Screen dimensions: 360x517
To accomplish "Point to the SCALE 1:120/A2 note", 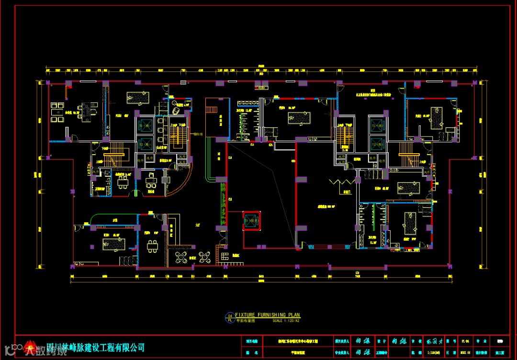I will tap(286, 320).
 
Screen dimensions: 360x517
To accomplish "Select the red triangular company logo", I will tap(31, 347).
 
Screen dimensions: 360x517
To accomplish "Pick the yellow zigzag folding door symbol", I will tap(340, 183).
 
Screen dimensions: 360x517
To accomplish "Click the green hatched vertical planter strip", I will tap(222, 206).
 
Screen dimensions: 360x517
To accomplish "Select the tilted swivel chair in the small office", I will tap(176, 111).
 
